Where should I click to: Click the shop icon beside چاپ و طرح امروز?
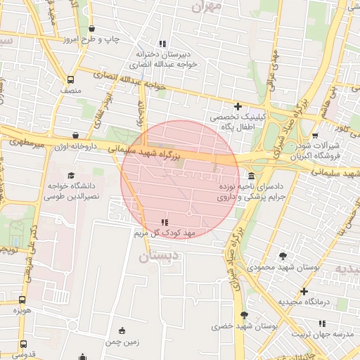[x=92, y=29]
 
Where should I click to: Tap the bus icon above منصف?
[x=70, y=79]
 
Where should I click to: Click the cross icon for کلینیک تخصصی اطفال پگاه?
[x=238, y=106]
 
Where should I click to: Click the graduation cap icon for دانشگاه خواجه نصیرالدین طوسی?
[x=70, y=175]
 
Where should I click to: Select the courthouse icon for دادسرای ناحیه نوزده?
[x=251, y=176]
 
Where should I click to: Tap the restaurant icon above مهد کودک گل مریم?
[x=165, y=222]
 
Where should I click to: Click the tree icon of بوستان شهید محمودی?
[x=283, y=256]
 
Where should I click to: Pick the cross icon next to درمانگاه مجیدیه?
[x=304, y=291]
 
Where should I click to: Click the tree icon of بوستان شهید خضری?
[x=244, y=316]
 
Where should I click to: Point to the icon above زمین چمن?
[x=122, y=331]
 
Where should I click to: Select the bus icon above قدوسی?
[x=23, y=345]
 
